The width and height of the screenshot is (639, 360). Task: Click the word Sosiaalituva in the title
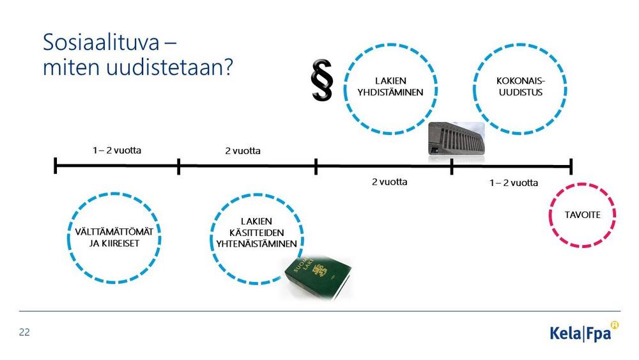click(x=101, y=42)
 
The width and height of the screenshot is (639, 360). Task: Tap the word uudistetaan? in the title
click(x=169, y=67)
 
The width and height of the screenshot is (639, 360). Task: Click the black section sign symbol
click(x=322, y=80)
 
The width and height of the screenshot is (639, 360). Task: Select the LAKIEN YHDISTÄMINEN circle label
click(x=390, y=86)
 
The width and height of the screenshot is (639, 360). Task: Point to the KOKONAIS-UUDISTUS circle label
click(x=520, y=86)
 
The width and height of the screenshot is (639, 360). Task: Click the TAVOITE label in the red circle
click(x=582, y=215)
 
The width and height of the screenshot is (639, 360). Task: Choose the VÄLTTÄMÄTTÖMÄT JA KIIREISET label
click(x=114, y=237)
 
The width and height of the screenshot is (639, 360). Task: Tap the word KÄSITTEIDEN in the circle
click(x=256, y=232)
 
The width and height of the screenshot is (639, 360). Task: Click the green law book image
click(x=318, y=277)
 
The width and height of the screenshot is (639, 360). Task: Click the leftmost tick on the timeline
click(x=56, y=166)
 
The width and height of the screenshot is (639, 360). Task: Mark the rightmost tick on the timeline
click(x=571, y=166)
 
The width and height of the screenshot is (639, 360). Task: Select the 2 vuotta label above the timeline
click(x=243, y=151)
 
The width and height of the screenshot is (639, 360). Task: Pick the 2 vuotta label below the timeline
click(x=389, y=182)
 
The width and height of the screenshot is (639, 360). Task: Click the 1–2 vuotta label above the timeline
click(x=117, y=150)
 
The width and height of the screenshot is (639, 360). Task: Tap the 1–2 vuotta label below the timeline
click(x=514, y=183)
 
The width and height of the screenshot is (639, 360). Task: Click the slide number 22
click(x=24, y=333)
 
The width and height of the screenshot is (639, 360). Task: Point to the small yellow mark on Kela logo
click(x=614, y=325)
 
